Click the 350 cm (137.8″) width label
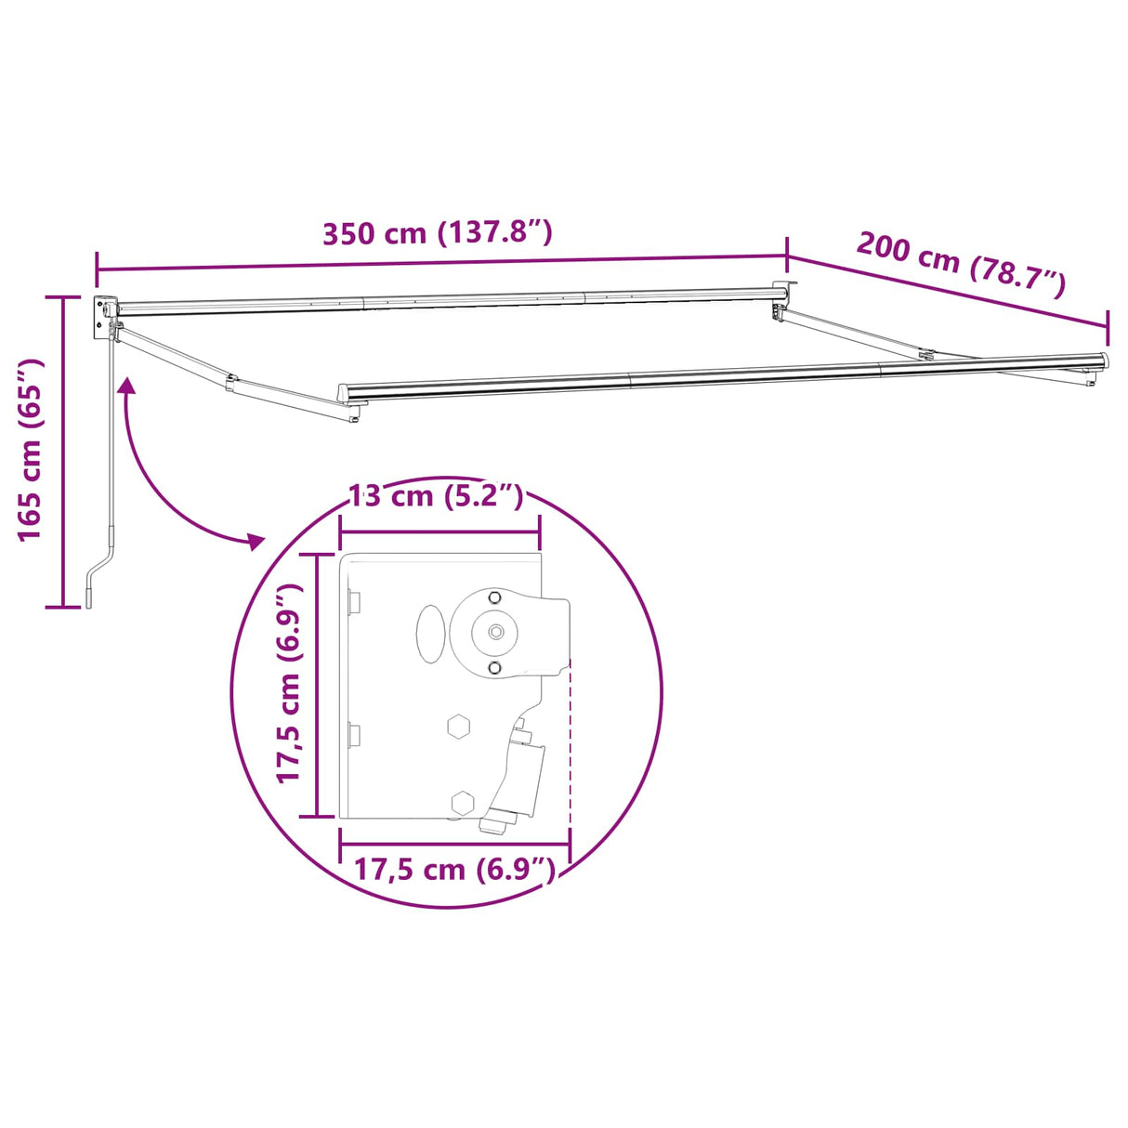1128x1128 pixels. (x=437, y=232)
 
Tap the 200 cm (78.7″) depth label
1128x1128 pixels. (x=960, y=264)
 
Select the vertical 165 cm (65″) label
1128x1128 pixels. (x=30, y=449)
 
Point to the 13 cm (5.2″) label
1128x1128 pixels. (x=435, y=496)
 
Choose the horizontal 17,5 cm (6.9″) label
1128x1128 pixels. (x=454, y=870)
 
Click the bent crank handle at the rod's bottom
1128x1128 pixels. (x=98, y=577)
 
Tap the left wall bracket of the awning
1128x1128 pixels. (x=102, y=317)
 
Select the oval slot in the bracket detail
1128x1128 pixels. (x=429, y=635)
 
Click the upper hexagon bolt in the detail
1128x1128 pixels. (x=458, y=727)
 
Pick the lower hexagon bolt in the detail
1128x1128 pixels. (x=462, y=802)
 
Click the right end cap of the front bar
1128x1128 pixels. (x=1103, y=361)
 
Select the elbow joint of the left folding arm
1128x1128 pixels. (x=231, y=381)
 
